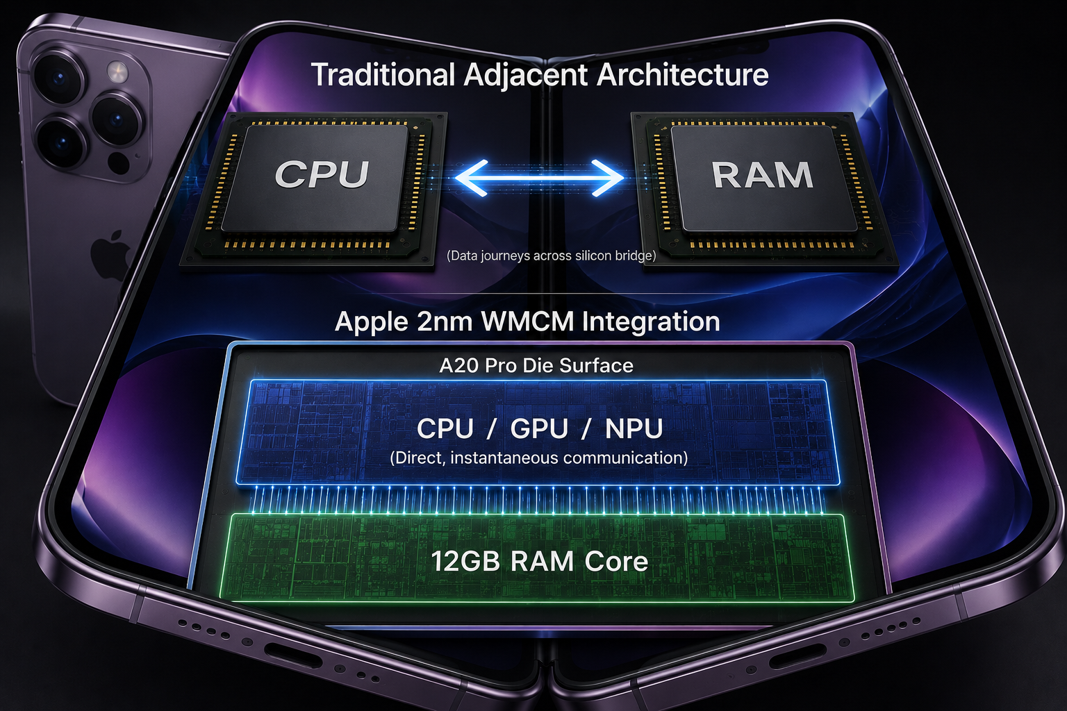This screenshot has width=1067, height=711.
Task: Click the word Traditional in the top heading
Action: coord(383,75)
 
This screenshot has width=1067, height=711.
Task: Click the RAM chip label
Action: coord(762,175)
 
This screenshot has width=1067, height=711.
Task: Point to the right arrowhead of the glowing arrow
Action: coord(608,178)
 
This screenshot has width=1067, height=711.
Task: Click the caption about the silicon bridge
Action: coord(551,256)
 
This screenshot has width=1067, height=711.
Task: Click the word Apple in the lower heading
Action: coord(372,322)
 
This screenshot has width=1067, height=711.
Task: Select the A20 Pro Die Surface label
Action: coord(536,366)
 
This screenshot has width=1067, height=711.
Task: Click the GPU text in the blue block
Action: coord(539,428)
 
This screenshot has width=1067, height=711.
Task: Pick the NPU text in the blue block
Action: coord(634,428)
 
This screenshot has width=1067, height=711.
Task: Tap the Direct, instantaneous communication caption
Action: coord(539,458)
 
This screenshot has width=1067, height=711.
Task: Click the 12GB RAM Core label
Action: coord(539,561)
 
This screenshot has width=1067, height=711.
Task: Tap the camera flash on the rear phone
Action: coord(117,72)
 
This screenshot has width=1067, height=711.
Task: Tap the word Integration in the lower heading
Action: coord(651,322)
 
